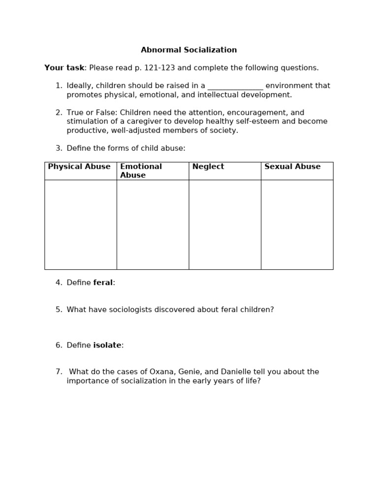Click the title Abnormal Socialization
click(189, 50)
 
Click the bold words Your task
click(64, 68)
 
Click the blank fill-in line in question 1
click(235, 86)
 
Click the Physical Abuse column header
click(79, 167)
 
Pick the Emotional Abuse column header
click(141, 171)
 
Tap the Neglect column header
click(208, 167)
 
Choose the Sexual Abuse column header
click(292, 167)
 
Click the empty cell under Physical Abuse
click(81, 224)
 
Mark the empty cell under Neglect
click(225, 224)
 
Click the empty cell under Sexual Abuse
click(297, 224)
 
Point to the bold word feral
click(103, 283)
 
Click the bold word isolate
click(107, 346)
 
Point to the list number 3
click(59, 149)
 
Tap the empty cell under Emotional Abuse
click(153, 224)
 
